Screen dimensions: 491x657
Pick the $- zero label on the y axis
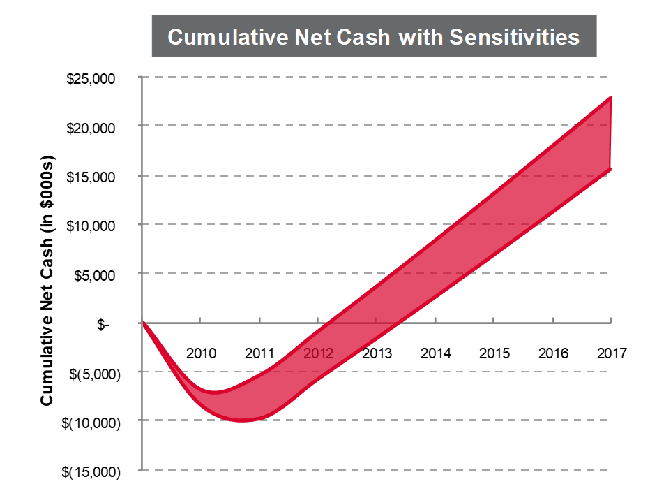point(104,324)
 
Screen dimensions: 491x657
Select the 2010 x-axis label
point(201,353)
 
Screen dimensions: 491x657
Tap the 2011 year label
point(259,353)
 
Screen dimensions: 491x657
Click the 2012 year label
point(319,353)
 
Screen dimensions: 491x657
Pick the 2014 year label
point(436,353)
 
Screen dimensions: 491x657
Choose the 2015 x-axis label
point(494,353)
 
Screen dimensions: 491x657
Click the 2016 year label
point(553,353)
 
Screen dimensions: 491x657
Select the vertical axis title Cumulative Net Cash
point(47,286)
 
